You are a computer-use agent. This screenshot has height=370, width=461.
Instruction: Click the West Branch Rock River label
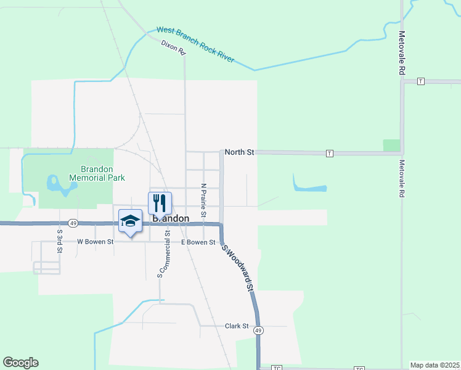pyautogui.click(x=195, y=44)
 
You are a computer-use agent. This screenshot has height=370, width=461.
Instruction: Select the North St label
pyautogui.click(x=240, y=152)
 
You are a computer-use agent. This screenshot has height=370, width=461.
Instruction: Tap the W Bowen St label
pyautogui.click(x=96, y=242)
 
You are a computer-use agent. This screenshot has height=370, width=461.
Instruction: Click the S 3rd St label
pyautogui.click(x=60, y=236)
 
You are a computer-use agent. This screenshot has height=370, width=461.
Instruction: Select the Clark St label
pyautogui.click(x=236, y=326)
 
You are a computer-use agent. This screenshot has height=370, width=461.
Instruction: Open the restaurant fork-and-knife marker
pyautogui.click(x=160, y=202)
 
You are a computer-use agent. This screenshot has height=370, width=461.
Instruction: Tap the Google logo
pyautogui.click(x=20, y=363)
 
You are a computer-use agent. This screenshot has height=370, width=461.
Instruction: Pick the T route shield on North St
pyautogui.click(x=330, y=153)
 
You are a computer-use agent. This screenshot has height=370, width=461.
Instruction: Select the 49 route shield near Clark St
pyautogui.click(x=259, y=331)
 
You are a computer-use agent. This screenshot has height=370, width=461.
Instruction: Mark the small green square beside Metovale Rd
pyautogui.click(x=391, y=146)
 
